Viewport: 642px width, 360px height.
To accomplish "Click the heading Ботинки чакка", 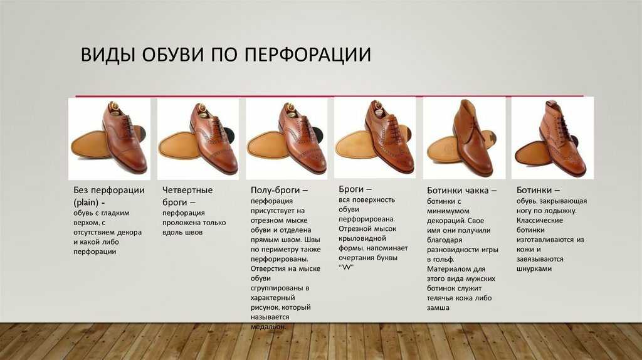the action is point(458,191).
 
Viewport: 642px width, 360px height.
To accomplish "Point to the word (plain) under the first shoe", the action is point(86,203).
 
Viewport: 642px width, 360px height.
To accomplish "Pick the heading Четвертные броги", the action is point(187,196).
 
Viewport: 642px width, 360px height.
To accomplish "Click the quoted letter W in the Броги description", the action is point(346,267).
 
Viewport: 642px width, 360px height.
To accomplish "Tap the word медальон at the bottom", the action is point(268,327).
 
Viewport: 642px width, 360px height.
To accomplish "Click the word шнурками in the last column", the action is point(534,269).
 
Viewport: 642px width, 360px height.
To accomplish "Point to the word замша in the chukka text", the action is point(438,307).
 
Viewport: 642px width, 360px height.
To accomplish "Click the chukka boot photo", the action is point(465,138).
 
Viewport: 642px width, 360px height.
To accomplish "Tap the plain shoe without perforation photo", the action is point(109,139).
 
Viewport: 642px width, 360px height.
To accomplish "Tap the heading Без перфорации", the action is point(109,190).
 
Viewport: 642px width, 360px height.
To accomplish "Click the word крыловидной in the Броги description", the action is point(362,238).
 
